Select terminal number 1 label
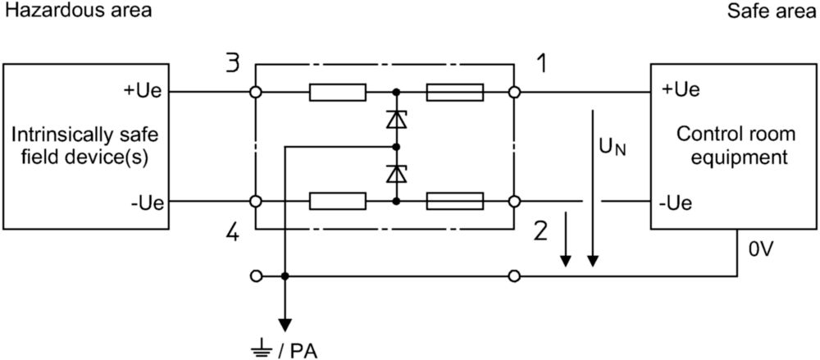tap(542, 64)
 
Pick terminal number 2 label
tap(541, 230)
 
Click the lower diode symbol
tap(396, 173)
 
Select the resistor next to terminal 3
tap(337, 92)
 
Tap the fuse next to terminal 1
tap(455, 92)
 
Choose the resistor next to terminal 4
tap(337, 201)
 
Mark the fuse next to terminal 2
tap(455, 201)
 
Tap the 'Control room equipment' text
tap(736, 145)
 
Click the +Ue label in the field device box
tap(147, 91)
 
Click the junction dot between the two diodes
tap(396, 147)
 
